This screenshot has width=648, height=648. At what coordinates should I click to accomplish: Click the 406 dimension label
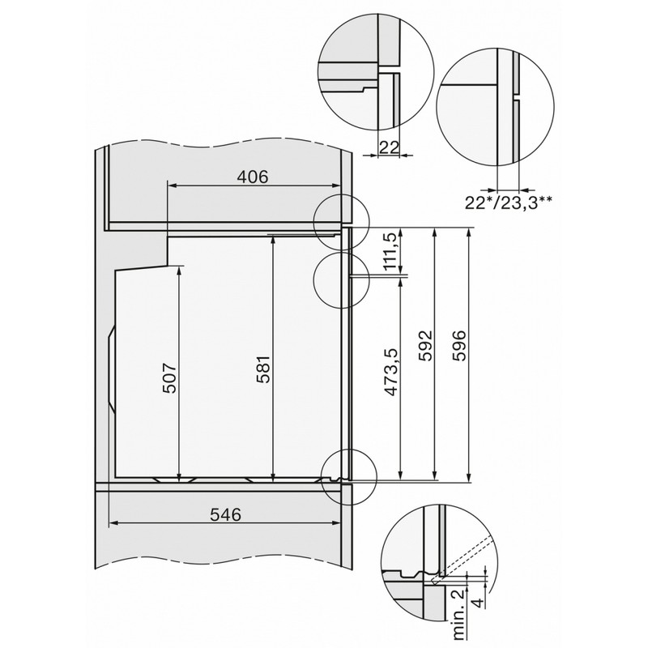coord(253,177)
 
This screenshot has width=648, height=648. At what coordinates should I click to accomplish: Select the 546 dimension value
coord(225,514)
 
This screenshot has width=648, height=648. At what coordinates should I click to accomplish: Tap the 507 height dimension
coord(169,377)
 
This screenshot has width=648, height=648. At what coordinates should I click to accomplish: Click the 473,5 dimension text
coord(391,371)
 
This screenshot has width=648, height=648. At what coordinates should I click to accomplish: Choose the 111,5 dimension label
coord(391,252)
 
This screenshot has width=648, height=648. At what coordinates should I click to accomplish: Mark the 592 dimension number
coord(425,346)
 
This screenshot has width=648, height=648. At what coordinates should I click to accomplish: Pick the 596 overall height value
coord(459,346)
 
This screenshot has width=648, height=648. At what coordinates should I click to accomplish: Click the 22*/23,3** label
coord(508,202)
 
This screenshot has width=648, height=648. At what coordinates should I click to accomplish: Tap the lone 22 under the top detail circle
coord(389,147)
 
